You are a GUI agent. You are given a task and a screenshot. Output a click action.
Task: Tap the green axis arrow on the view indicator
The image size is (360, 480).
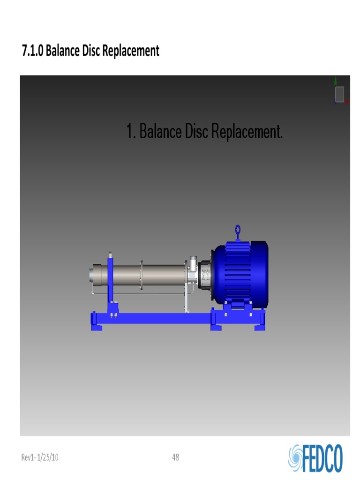tap(336, 81)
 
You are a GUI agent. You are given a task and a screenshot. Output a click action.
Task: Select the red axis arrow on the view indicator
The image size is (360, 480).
tap(347, 101)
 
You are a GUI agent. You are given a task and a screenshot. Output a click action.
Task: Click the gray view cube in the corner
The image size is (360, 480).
tap(339, 94)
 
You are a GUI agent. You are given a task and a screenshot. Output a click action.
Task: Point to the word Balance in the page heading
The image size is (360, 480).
tap(63, 51)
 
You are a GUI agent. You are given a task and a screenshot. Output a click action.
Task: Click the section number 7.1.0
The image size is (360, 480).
tap(33, 51)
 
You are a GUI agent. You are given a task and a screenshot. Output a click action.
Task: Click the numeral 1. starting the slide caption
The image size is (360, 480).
tap(131, 131)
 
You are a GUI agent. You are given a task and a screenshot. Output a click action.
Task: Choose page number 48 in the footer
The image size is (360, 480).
tap(176, 457)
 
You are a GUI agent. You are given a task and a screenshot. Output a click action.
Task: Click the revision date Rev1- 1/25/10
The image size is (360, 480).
tap(40, 457)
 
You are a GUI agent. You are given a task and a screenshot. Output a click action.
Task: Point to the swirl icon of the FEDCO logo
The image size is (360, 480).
tap(296, 457)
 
